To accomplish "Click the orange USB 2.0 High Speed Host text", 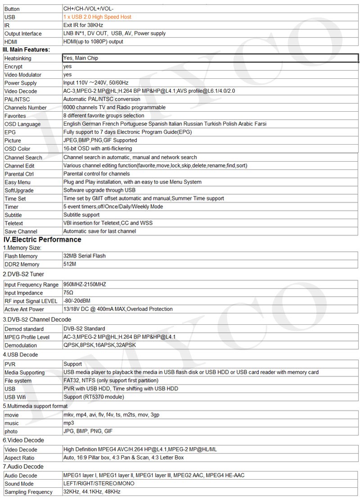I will coord(97,17).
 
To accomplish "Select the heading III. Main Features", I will coord(26,50).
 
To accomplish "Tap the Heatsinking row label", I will coord(18,59).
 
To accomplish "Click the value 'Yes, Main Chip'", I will coord(81,58).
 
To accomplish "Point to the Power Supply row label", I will coord(21,83).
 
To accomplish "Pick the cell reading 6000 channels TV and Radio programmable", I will coord(114,108).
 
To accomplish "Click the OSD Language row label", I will coord(22,124).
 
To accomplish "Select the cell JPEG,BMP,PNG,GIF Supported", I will coord(100,141).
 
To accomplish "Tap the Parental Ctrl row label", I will coord(19,174).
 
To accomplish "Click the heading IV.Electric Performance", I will coord(42,240).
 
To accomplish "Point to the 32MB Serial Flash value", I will coord(85,256).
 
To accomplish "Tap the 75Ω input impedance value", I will coord(68,293).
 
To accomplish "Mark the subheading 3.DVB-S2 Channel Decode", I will coord(37,319).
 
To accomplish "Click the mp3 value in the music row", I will coord(68,423).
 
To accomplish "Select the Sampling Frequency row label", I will coord(28,492).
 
